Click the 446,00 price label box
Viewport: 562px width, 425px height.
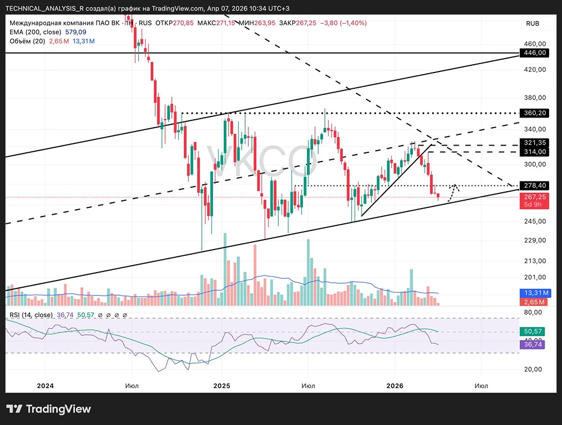point(534,53)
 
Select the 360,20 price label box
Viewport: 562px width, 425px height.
point(534,113)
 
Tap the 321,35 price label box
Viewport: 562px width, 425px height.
point(534,143)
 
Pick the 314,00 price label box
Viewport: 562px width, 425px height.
point(534,152)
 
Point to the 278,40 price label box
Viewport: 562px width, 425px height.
point(534,185)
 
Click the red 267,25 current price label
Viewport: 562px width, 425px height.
point(534,197)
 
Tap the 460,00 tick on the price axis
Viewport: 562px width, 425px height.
point(534,44)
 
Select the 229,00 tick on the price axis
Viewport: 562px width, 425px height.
point(534,241)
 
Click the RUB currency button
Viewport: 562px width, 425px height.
point(532,23)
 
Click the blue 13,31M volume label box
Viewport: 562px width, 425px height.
point(534,293)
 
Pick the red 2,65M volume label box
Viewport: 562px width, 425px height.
point(534,302)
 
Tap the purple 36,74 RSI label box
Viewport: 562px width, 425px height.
point(534,345)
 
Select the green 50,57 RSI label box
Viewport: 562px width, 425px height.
point(534,332)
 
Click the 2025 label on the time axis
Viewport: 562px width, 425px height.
point(222,386)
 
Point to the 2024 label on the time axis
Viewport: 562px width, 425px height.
point(45,386)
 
